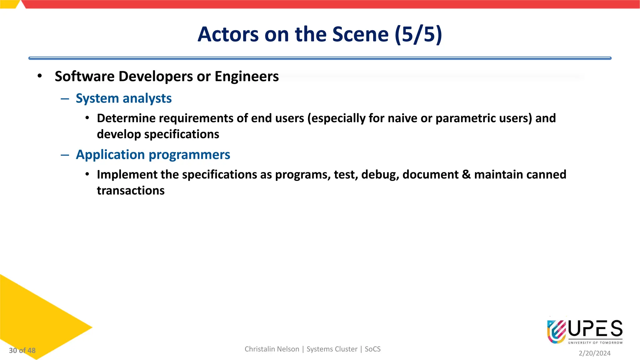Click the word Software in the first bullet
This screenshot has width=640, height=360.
(x=85, y=76)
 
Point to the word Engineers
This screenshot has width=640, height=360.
(x=247, y=76)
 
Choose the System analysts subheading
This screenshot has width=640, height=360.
(x=124, y=98)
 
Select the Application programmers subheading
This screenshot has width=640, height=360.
(x=153, y=155)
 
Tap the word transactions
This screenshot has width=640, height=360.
(x=131, y=190)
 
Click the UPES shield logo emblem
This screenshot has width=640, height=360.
(x=556, y=331)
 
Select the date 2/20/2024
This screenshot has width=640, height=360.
(x=594, y=353)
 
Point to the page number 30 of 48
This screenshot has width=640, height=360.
(x=22, y=350)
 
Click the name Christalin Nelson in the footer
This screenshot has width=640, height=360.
(x=272, y=349)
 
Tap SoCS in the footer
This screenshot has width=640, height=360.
(x=372, y=349)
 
